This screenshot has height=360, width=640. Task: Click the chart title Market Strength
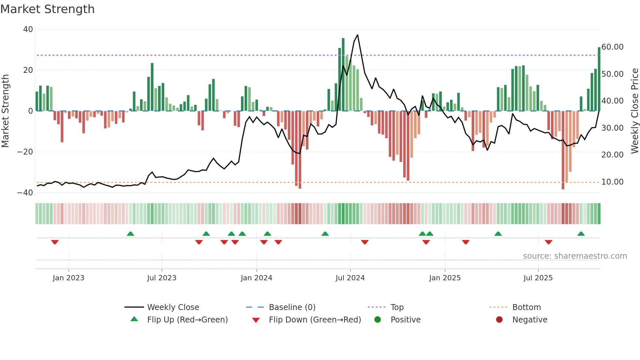point(47,9)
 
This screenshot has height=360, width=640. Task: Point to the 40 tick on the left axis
point(28,29)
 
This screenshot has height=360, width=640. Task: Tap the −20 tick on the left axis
point(25,152)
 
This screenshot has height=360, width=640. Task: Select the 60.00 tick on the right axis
point(612,47)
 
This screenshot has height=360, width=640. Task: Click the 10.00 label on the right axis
point(612,182)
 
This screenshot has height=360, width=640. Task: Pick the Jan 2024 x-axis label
point(256,278)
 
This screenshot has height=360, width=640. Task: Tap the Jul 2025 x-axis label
point(538,278)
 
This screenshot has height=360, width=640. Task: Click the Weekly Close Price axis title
point(634,111)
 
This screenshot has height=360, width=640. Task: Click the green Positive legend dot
point(377,320)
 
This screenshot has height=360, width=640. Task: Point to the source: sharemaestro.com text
point(575,256)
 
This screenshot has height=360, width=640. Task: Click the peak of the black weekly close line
point(358,35)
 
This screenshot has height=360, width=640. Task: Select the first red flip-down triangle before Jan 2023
point(55,242)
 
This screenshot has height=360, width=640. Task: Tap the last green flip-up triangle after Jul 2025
point(581,234)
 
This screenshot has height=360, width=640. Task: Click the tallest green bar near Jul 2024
point(343,74)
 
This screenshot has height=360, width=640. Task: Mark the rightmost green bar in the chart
point(599,79)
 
